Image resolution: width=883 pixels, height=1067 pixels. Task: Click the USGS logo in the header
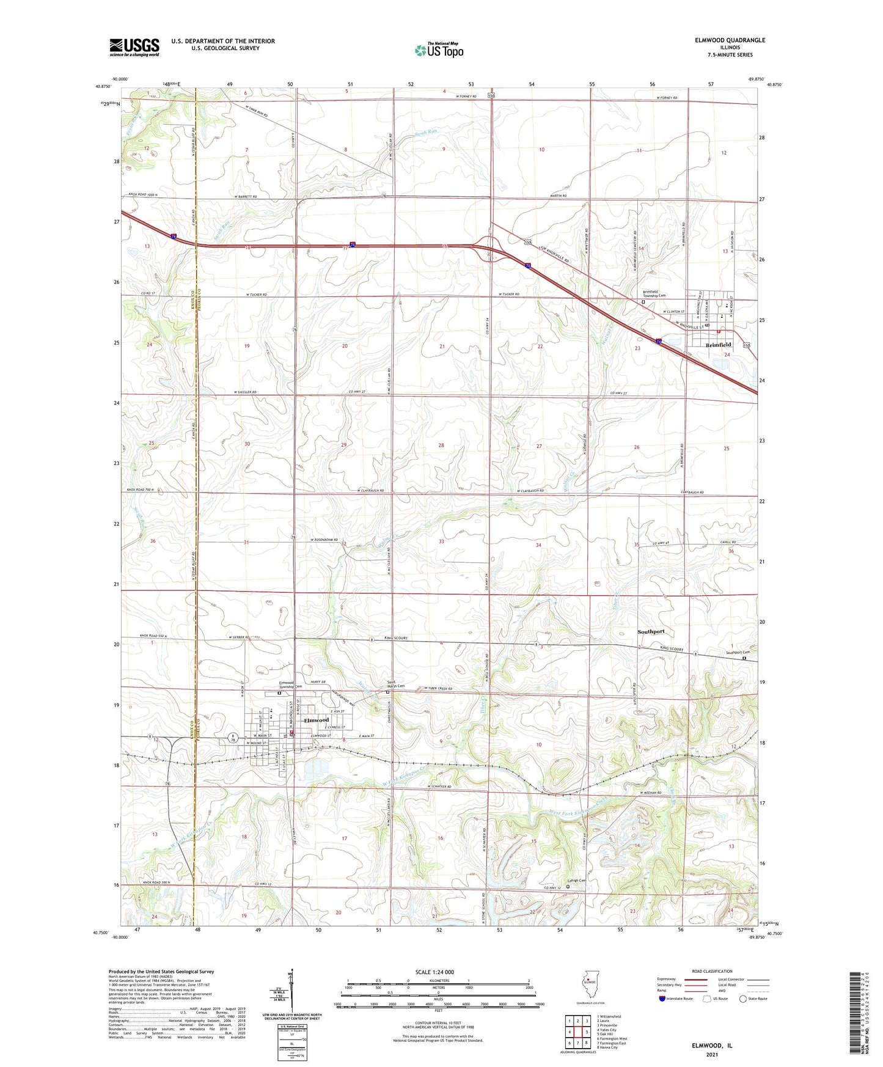tap(134, 46)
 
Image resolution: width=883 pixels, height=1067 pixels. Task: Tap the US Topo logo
tap(438, 50)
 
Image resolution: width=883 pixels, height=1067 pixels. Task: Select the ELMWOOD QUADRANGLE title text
tap(730, 40)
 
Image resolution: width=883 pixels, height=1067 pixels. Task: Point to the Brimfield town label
tap(718, 345)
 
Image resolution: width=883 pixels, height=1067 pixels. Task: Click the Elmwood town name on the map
tap(317, 720)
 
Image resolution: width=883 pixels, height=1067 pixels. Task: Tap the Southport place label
tap(651, 631)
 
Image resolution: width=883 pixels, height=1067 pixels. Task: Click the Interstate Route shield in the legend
tap(662, 999)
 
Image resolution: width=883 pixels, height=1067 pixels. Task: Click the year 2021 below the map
tap(712, 1054)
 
